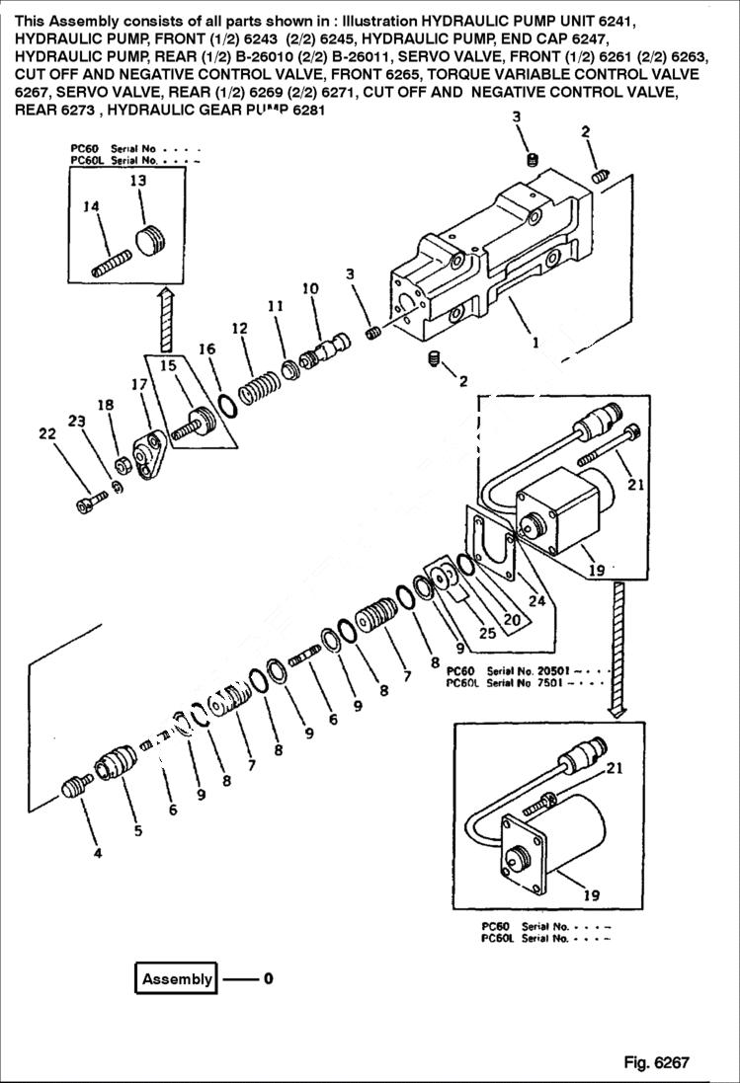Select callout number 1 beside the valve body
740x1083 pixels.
click(534, 344)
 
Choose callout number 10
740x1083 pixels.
click(310, 288)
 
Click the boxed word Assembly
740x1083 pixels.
click(177, 979)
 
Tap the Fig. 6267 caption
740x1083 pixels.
click(655, 1062)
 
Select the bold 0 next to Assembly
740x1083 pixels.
click(267, 979)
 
